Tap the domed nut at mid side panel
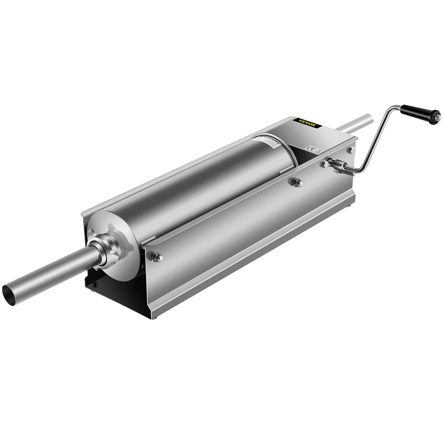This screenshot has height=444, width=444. (297, 183)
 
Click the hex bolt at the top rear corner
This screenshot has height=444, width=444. (351, 150)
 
